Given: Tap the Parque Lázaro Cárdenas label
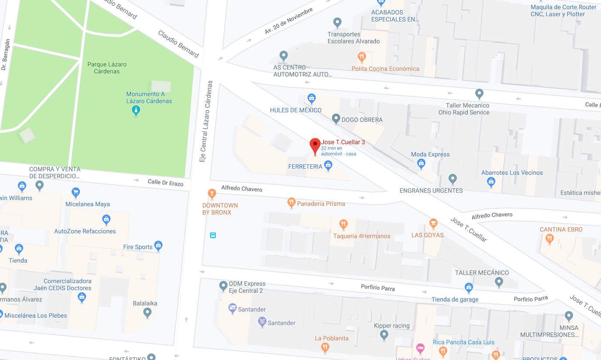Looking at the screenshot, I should tap(107, 68).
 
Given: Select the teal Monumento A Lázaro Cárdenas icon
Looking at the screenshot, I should tap(136, 111).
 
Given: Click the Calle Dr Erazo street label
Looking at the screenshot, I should tap(165, 183).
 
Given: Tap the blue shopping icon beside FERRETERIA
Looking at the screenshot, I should tap(328, 165).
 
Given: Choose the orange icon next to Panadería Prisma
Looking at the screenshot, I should tap(291, 203).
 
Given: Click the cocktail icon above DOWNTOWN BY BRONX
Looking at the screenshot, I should tap(212, 194).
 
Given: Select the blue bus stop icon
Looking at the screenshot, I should tap(213, 235).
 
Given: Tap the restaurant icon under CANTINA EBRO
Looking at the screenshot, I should tap(549, 239).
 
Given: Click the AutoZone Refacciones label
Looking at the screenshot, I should tap(85, 231).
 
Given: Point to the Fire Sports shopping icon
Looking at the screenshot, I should tap(158, 246).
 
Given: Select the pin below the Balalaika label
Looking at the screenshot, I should tap(147, 313).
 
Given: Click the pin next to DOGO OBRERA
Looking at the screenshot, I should tap(336, 118).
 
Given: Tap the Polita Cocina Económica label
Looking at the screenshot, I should tap(385, 69).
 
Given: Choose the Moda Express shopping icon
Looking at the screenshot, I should tap(421, 164).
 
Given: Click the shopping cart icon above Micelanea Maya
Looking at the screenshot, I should tap(76, 192).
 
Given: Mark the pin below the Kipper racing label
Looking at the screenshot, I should tap(384, 335).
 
